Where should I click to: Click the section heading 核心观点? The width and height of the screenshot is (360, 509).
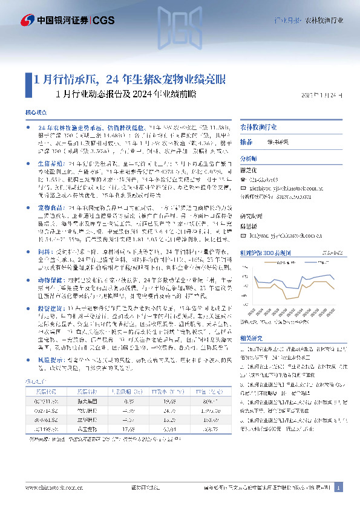tap(36, 113)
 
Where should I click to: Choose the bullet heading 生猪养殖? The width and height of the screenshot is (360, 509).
tap(51, 164)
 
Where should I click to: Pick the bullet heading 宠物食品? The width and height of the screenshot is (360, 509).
tap(51, 207)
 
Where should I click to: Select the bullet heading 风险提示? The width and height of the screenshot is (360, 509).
tap(51, 359)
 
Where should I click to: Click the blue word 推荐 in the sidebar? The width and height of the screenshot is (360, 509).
tap(246, 141)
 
